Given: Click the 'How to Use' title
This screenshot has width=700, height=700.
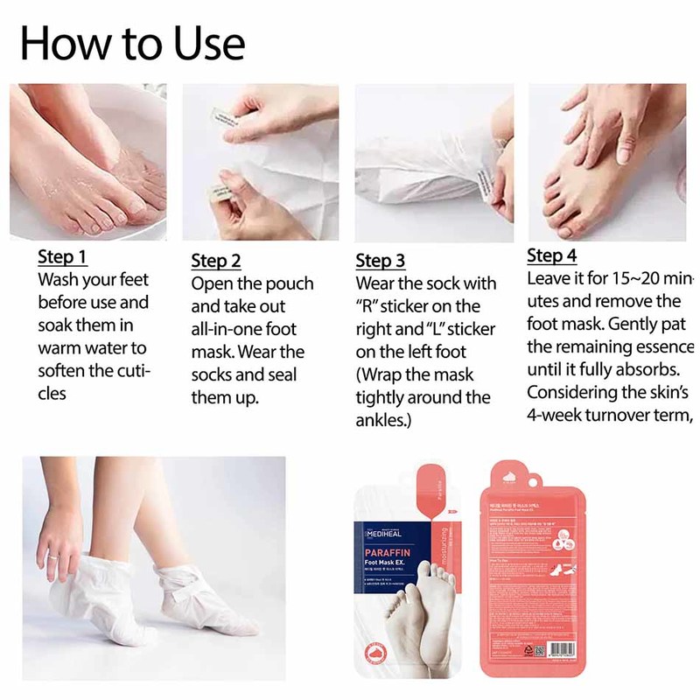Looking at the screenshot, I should point(132,42).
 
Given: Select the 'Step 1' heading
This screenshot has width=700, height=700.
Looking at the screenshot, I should point(62,258).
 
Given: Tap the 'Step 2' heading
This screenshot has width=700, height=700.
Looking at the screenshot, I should point(216,261).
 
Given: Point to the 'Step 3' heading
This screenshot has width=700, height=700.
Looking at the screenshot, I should point(381,261).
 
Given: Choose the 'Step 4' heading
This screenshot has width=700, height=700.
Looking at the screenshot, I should point(552,256).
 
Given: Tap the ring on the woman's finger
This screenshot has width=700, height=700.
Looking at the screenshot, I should point(52,554).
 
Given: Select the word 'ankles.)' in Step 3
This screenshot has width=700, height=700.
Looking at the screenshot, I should point(383,420).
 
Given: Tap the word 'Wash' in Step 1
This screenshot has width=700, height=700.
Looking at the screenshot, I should point(59,280).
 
